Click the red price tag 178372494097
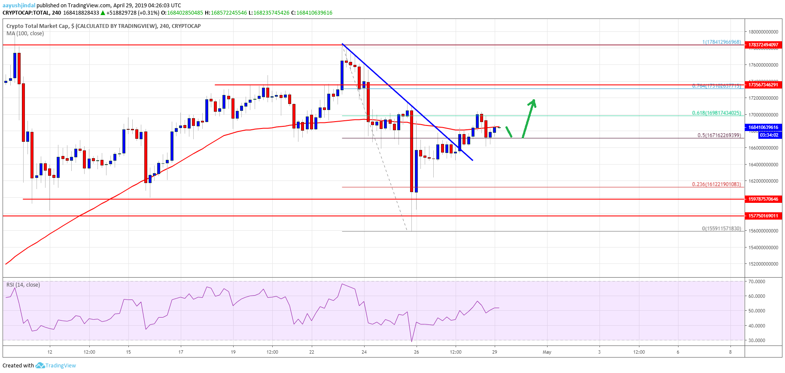coord(763,45)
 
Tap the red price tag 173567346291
coord(763,85)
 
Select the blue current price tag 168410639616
coord(763,127)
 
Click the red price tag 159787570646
coord(763,199)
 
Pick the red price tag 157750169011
coord(763,216)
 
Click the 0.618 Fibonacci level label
coord(716,113)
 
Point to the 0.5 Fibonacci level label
coord(719,135)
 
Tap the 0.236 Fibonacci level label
coord(716,184)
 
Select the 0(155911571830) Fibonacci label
coord(721,229)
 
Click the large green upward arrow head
coord(533,103)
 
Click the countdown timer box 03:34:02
coord(769,135)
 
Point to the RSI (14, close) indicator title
coord(23,285)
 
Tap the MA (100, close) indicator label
coord(25,34)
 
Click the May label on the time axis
coord(547,352)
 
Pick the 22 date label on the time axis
coord(312,352)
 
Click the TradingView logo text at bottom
coord(60,366)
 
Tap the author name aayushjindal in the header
coord(19,6)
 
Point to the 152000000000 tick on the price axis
coord(763,264)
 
